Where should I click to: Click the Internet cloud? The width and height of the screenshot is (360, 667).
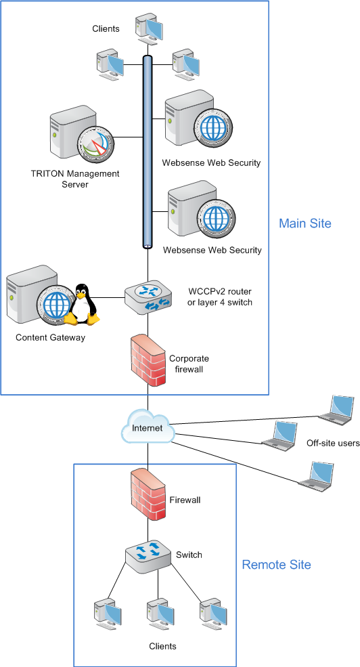pyautogui.click(x=148, y=427)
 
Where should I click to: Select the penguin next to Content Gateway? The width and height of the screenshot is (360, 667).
pyautogui.click(x=82, y=305)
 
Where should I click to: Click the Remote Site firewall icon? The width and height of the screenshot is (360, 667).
pyautogui.click(x=148, y=495)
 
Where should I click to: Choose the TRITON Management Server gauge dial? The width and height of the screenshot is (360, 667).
pyautogui.click(x=95, y=142)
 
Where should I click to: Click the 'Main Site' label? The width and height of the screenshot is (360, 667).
pyautogui.click(x=305, y=223)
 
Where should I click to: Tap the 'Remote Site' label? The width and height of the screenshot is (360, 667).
pyautogui.click(x=276, y=565)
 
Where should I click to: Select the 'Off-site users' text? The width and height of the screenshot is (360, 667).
pyautogui.click(x=333, y=444)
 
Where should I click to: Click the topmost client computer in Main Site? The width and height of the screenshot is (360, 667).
pyautogui.click(x=149, y=30)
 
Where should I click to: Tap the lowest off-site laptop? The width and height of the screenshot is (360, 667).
pyautogui.click(x=315, y=477)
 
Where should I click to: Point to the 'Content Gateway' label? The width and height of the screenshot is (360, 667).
pyautogui.click(x=51, y=337)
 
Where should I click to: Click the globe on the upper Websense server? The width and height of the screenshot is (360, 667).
pyautogui.click(x=213, y=127)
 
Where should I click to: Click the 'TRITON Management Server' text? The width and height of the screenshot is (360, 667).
pyautogui.click(x=75, y=179)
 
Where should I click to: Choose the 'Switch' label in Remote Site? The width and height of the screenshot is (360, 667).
pyautogui.click(x=189, y=555)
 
